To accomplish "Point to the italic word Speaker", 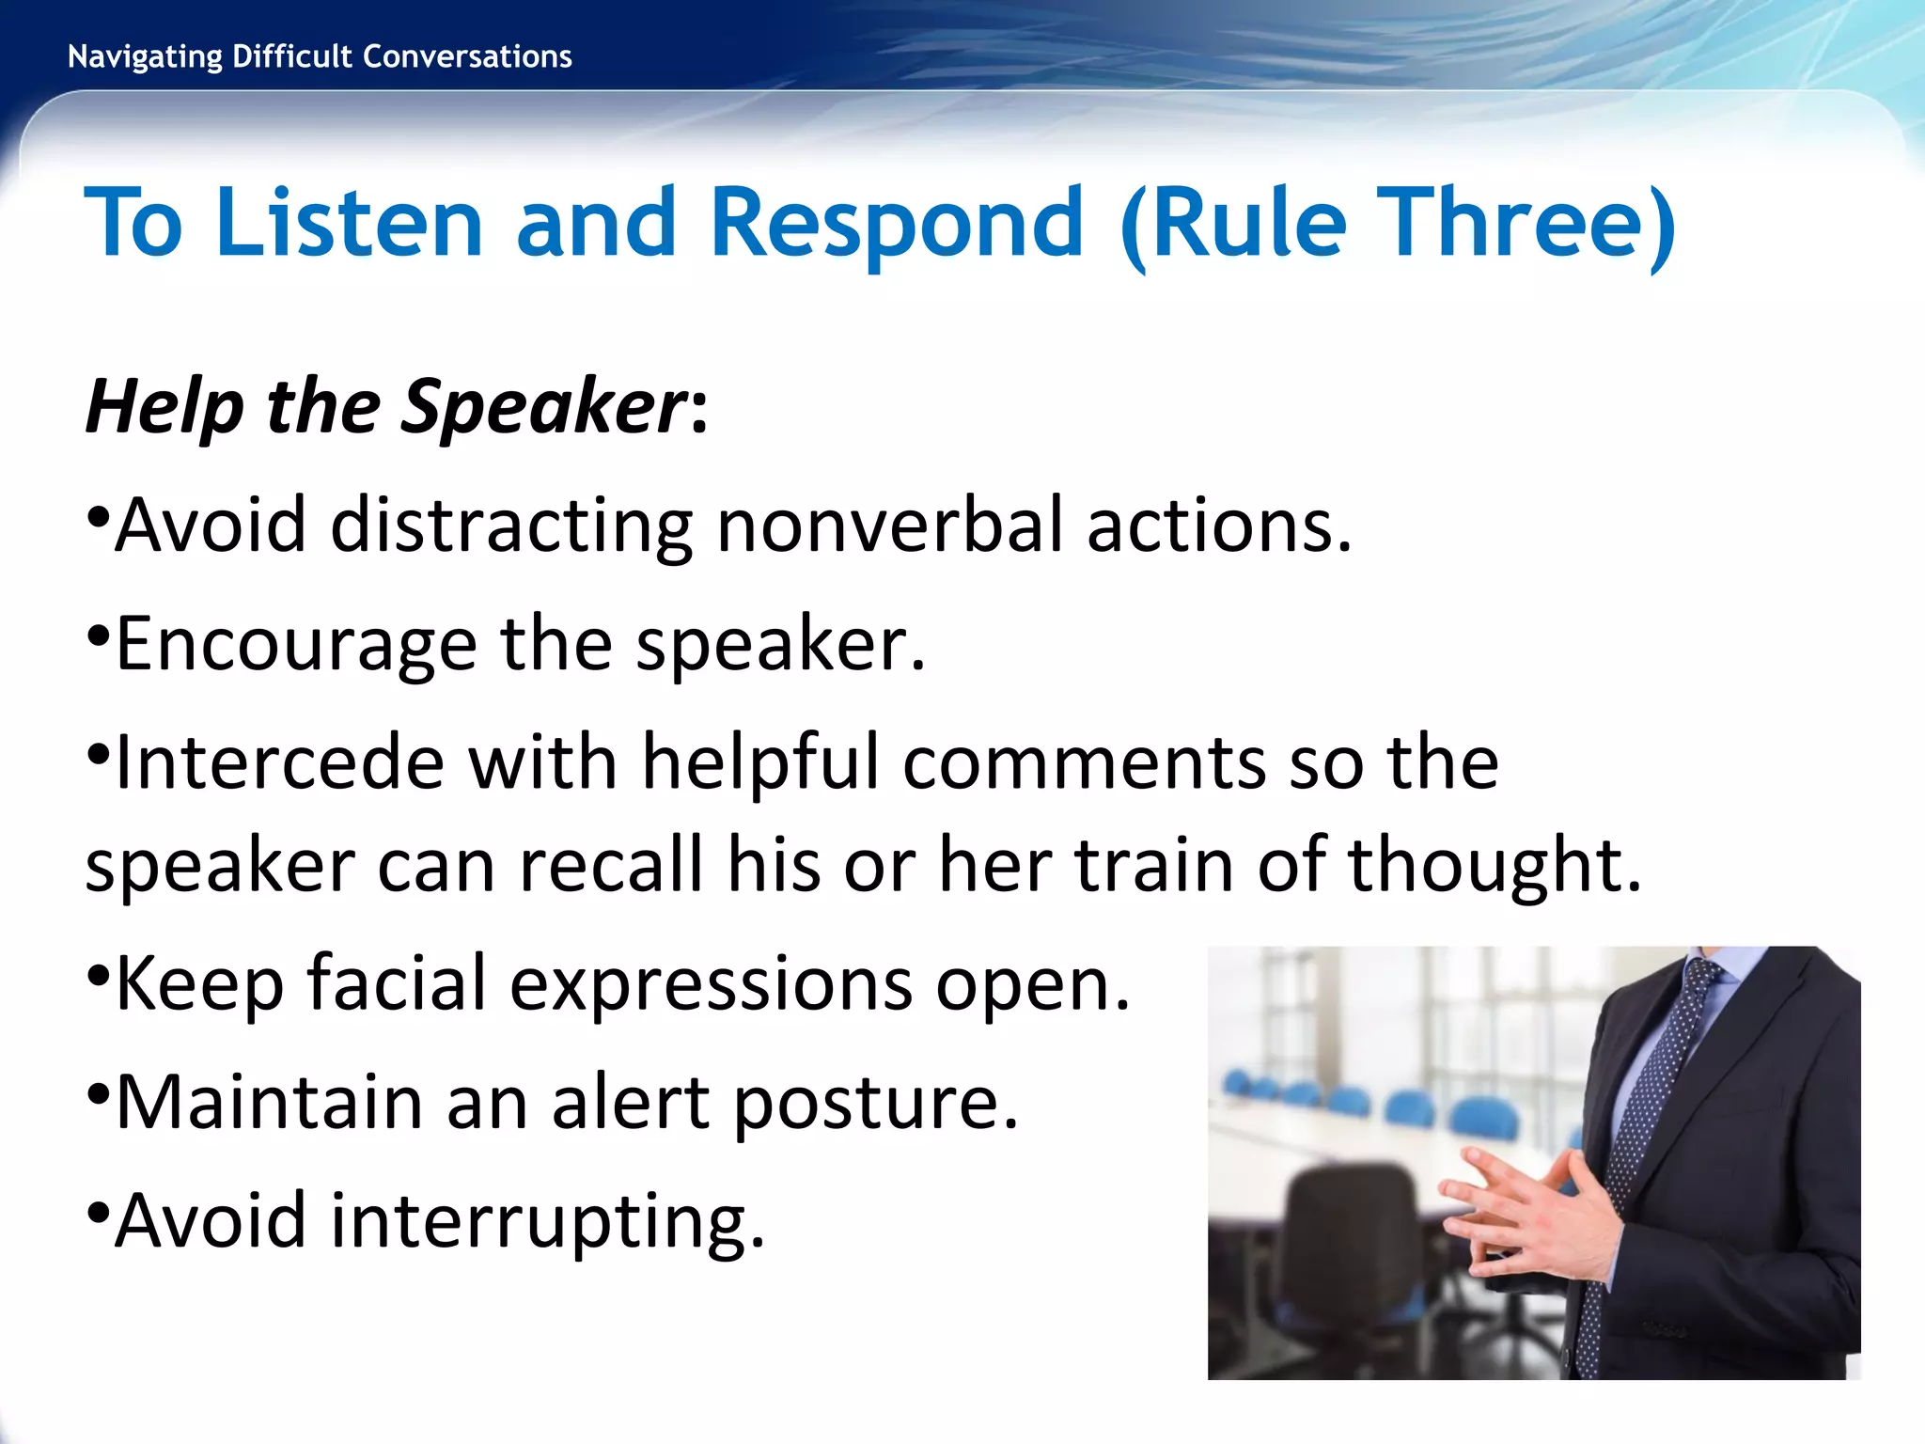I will [545, 406].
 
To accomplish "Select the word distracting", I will [511, 525].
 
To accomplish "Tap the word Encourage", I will [296, 645].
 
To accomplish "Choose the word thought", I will [1494, 864].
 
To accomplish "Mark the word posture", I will [874, 1102].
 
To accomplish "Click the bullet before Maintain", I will [98, 1094].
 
